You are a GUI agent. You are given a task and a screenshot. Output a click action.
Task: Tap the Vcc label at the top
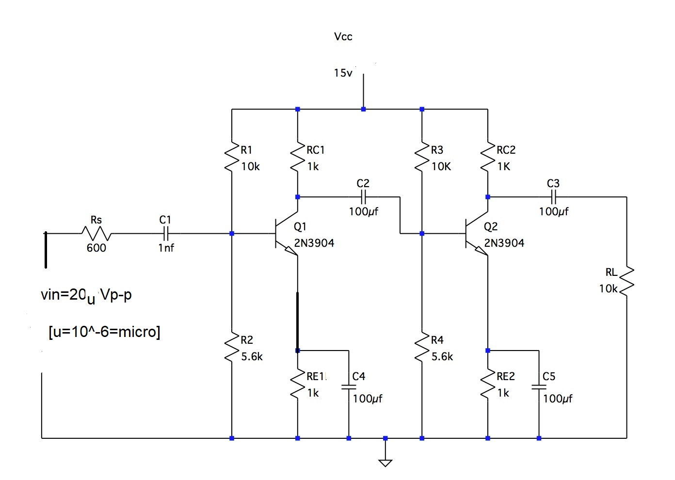[x=343, y=37]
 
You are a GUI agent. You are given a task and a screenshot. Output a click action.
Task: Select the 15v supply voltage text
[x=343, y=73]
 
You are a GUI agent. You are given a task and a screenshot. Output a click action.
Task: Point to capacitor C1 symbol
[x=165, y=234]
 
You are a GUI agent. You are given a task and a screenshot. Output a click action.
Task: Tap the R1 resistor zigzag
[x=232, y=158]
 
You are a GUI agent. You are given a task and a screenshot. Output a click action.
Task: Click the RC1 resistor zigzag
[x=297, y=158]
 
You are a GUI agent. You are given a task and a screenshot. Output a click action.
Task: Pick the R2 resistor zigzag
[x=232, y=348]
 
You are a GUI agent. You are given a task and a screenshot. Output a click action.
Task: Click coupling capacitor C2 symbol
[x=363, y=197]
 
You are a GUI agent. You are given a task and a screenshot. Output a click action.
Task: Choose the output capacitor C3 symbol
[x=553, y=197]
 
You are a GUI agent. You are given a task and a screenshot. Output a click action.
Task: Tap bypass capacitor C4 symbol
[x=348, y=387]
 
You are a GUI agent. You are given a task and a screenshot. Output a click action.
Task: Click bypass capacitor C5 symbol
[x=538, y=387]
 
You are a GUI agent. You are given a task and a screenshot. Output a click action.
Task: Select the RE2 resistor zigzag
[x=488, y=385]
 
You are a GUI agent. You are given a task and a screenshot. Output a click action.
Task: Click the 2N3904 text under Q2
[x=504, y=243]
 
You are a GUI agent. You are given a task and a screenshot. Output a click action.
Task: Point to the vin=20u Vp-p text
[x=86, y=295]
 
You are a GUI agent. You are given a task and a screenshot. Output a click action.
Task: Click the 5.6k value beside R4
[x=442, y=357]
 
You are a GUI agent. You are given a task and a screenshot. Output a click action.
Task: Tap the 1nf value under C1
[x=166, y=248]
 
